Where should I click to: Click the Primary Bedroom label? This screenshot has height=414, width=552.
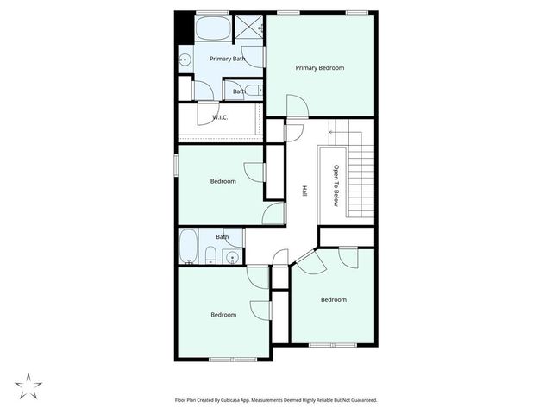tap(320, 67)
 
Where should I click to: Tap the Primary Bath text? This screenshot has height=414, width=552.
tap(227, 59)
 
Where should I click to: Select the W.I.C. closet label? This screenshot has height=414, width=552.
tap(220, 118)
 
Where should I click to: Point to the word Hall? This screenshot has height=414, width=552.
tap(304, 192)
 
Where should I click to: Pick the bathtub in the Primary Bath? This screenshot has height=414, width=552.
tap(212, 30)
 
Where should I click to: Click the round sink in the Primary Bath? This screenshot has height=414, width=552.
tap(185, 60)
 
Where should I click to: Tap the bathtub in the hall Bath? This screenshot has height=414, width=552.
tap(189, 248)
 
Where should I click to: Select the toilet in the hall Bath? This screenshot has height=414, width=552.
tap(210, 254)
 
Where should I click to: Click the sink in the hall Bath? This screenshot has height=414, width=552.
tap(231, 256)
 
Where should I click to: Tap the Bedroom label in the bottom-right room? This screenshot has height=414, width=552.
tap(333, 300)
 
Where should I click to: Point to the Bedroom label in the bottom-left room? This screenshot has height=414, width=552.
tap(223, 315)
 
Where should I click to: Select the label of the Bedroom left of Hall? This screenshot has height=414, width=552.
tap(223, 181)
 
